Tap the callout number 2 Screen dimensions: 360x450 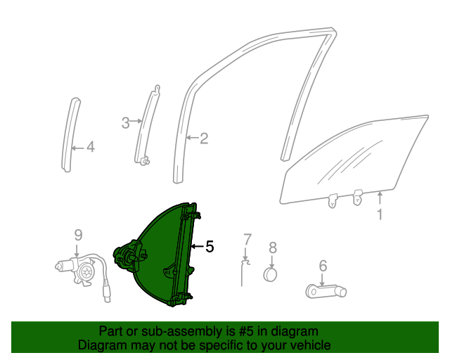204,139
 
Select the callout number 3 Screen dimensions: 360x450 126,122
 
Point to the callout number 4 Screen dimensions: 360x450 90,147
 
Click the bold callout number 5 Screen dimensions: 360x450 209,247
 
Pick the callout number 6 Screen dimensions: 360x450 323,265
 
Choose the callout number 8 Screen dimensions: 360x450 273,247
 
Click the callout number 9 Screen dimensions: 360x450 78,235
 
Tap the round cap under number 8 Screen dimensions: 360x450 272,274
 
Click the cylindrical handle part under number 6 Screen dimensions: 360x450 324,290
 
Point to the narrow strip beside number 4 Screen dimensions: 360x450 70,134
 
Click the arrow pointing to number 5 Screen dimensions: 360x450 196,247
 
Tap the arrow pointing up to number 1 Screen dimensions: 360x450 380,197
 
